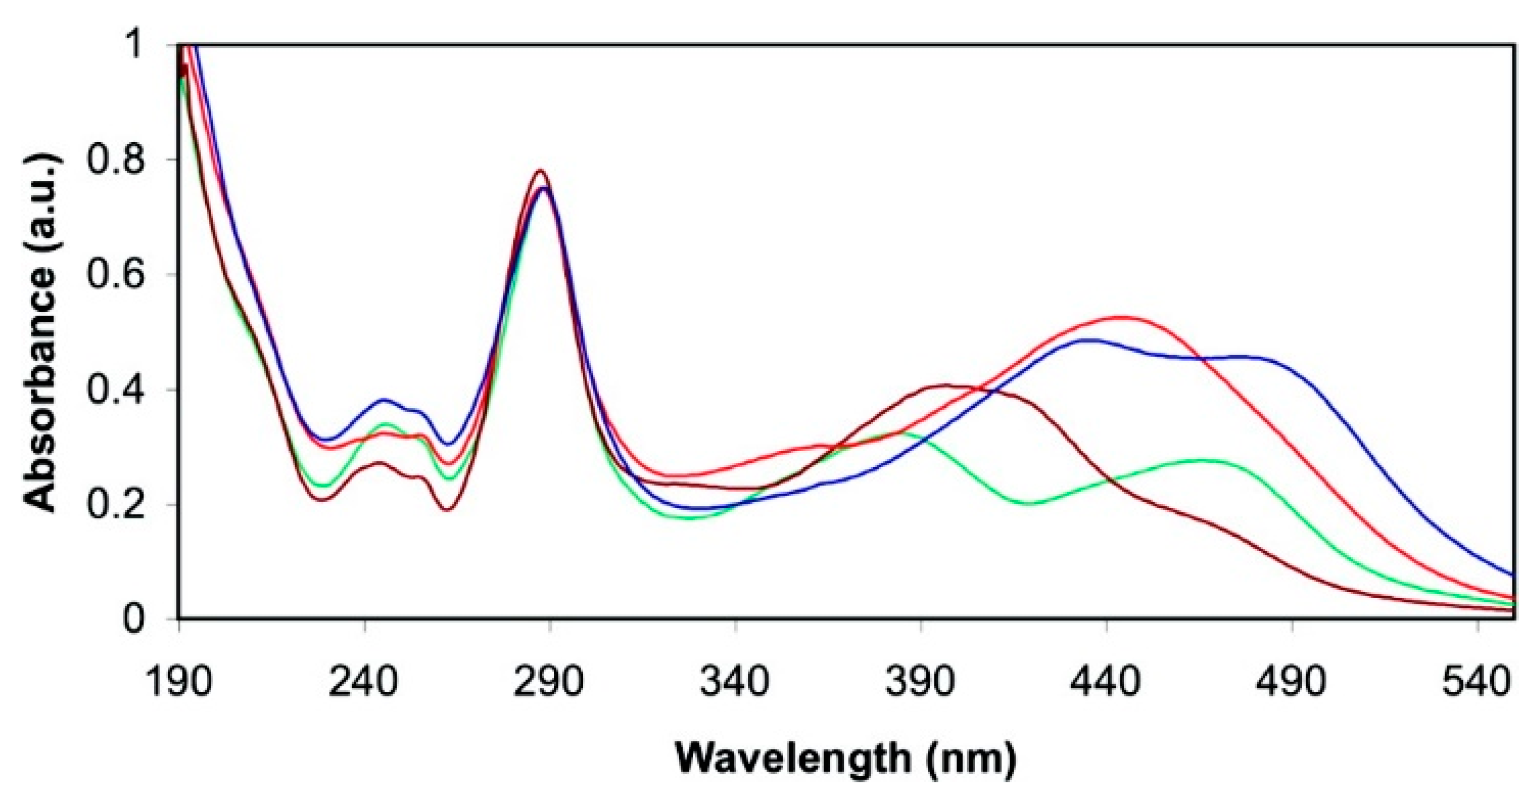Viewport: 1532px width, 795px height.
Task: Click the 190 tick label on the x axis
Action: click(x=178, y=683)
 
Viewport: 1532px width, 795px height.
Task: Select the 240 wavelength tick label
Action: click(x=364, y=683)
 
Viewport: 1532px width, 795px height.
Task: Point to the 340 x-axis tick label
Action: click(x=735, y=683)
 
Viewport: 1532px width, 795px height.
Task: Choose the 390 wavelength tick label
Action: click(x=921, y=683)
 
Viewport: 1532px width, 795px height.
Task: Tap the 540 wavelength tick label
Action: click(x=1477, y=683)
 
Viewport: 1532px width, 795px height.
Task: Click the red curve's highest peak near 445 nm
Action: click(x=1121, y=317)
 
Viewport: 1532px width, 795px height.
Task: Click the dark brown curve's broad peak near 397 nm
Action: click(x=946, y=386)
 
